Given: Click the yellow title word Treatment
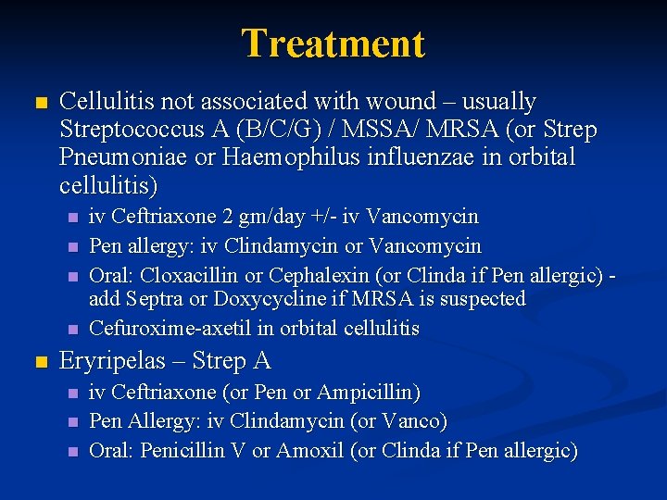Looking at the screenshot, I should (x=333, y=44).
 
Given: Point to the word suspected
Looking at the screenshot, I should (x=480, y=298).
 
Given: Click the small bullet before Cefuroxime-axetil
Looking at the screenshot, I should (x=73, y=330).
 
